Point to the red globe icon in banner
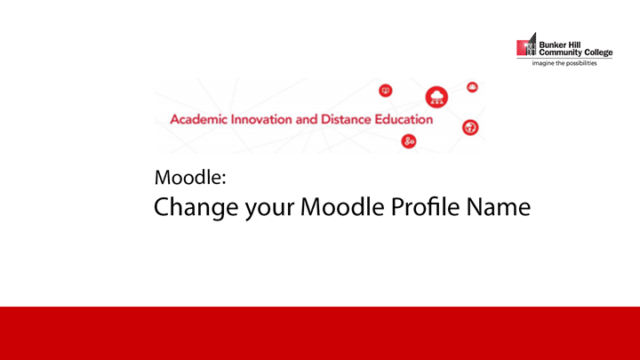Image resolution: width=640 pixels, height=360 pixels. [470, 127]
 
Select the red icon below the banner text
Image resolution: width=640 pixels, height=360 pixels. [409, 142]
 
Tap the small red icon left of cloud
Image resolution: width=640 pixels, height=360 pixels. [386, 90]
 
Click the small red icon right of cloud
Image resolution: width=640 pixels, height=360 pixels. [472, 86]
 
